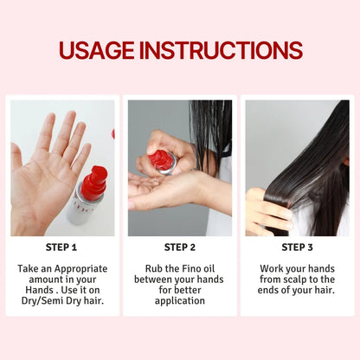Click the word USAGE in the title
pos(97,50)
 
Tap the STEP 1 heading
pos(61,247)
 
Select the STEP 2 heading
pos(180,247)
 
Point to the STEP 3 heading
pos(297,247)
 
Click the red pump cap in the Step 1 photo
pos(93,183)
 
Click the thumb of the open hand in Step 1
pos(16,158)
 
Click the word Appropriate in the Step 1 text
pos(80,269)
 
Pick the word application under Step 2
pos(180,301)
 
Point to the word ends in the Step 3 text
pos(268,290)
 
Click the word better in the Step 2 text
pos(188,290)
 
